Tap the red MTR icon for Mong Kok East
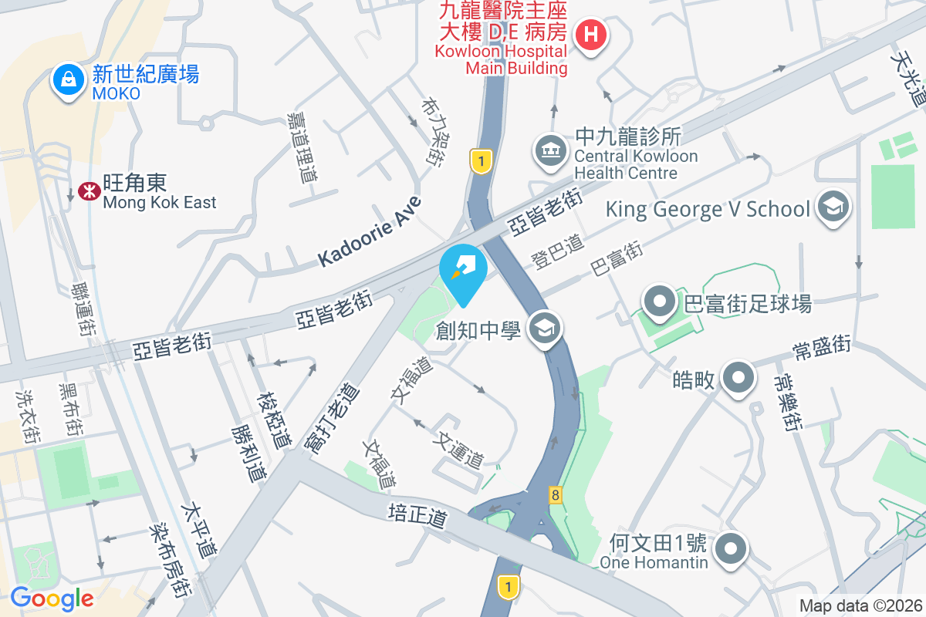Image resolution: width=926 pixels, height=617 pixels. click(x=88, y=191)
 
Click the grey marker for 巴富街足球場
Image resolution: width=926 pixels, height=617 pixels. click(x=661, y=302)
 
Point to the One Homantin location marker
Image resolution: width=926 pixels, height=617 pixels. click(x=729, y=550)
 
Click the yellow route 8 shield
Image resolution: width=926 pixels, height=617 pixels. click(x=555, y=494)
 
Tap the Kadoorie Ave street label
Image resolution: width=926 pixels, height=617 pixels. click(x=370, y=232)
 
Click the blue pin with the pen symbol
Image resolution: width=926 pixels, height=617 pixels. click(x=462, y=271)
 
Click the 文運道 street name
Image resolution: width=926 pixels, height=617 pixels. click(x=460, y=449)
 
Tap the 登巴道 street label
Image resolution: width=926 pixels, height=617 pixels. click(x=557, y=251)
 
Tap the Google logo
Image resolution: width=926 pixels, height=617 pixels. click(x=52, y=598)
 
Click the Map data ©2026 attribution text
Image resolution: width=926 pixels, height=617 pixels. click(x=860, y=606)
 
